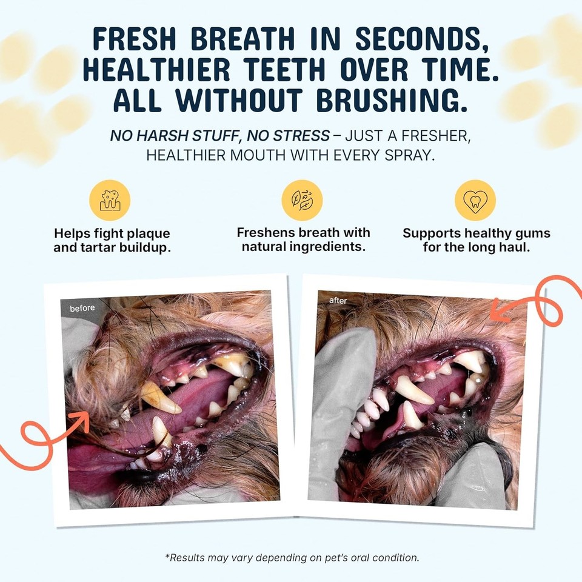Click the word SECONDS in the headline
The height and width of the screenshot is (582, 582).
tap(422, 39)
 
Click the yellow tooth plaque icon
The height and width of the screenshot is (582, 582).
tap(110, 200)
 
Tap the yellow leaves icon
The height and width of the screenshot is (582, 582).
tap(303, 200)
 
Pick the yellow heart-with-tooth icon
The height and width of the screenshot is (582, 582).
tap(475, 200)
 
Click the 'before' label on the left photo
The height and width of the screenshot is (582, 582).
tap(82, 309)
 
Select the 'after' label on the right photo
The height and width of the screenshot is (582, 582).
tap(338, 301)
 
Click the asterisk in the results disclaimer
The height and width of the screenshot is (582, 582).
tap(167, 556)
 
